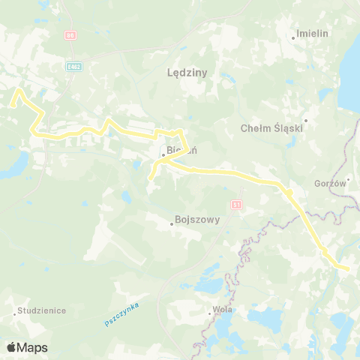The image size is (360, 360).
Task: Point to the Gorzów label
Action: pos(330,184)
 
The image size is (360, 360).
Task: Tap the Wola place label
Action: pos(224,309)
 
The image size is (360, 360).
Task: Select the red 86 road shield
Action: pos(70,34)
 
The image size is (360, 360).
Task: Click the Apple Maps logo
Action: pos(27,347)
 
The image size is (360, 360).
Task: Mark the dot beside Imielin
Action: pos(293,37)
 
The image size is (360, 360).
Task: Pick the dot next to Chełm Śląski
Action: pos(306,120)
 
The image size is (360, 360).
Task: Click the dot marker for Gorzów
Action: pos(348,179)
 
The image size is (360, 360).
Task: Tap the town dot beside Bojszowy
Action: pos(170,223)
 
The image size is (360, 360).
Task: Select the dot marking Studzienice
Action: pos(16,313)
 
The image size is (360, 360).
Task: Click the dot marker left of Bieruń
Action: pos(163,156)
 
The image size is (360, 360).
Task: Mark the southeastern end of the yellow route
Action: pos(348,268)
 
